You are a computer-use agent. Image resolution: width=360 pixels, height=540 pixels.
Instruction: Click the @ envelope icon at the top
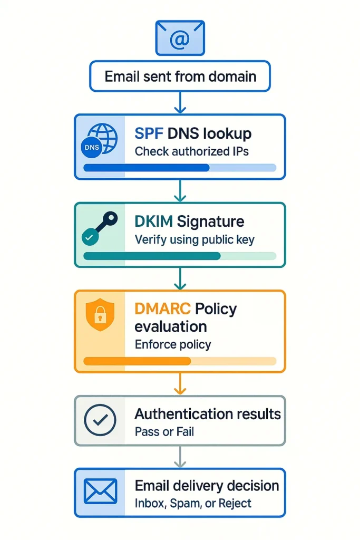pos(180,37)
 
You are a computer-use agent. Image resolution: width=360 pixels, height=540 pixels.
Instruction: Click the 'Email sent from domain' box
pos(180,76)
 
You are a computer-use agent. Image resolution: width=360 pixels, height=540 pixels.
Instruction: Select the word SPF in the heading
pos(149,133)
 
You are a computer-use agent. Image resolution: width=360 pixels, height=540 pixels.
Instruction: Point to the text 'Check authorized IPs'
pos(191,151)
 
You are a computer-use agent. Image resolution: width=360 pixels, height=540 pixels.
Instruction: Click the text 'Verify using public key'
pos(194,240)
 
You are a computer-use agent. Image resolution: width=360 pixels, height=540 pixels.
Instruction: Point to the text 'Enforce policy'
pos(172,345)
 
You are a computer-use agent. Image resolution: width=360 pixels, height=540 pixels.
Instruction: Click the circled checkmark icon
pos(100,420)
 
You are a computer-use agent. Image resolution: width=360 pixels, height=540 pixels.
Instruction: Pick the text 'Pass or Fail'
pos(164,432)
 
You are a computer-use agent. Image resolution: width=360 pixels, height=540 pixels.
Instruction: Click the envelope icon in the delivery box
pos(100,492)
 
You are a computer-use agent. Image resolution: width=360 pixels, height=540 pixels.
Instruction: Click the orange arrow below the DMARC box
pos(180,384)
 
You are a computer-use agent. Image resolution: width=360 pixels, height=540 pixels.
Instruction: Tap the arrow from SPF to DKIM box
pos(180,191)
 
